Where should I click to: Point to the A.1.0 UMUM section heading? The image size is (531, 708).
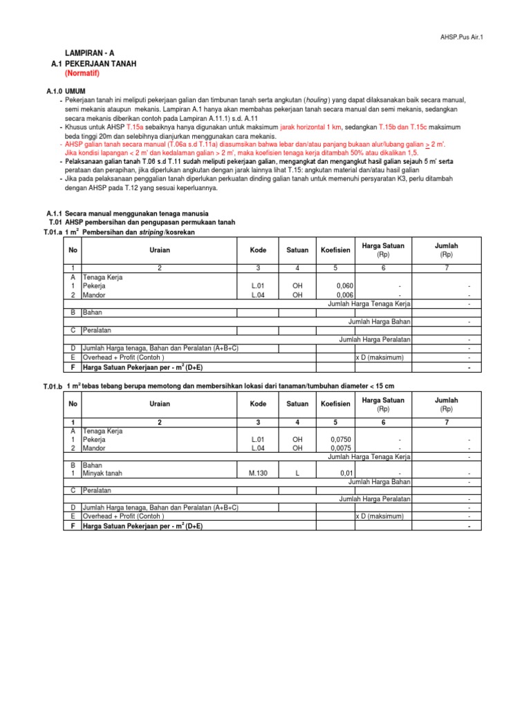(x=62, y=91)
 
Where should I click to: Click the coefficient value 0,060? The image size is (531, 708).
(x=344, y=285)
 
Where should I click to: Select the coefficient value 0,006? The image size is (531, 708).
(x=344, y=294)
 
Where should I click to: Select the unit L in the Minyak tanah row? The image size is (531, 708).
(x=297, y=473)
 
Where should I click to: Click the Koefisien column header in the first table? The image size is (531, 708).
(x=335, y=250)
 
